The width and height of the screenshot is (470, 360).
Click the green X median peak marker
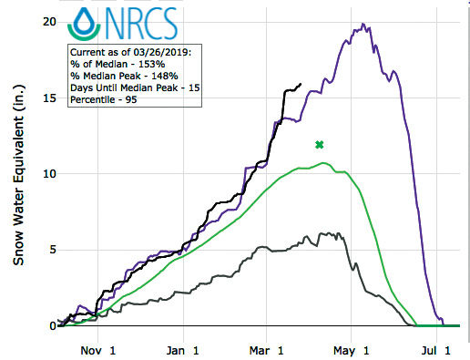319,144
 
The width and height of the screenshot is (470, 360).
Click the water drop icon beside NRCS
86,25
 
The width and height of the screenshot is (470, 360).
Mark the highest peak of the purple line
363,25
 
